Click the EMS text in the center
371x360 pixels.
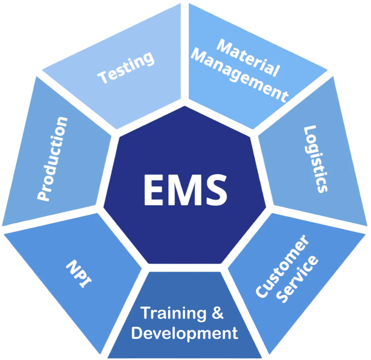[x=185, y=189]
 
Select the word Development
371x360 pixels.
[x=185, y=333]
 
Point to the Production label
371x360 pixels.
[x=53, y=159]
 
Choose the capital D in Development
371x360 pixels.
[x=138, y=333]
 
